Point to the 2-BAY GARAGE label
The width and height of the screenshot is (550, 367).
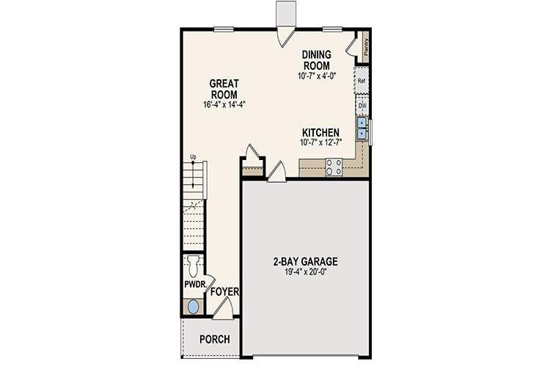click(305, 261)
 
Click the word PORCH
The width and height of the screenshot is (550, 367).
click(214, 339)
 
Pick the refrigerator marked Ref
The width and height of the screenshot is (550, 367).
click(362, 81)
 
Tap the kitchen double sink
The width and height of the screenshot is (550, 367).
click(362, 129)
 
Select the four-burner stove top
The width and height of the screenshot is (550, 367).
click(334, 167)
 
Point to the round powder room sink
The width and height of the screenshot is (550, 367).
click(193, 307)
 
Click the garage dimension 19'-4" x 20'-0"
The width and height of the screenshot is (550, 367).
click(305, 272)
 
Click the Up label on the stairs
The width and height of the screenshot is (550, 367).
click(193, 156)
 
